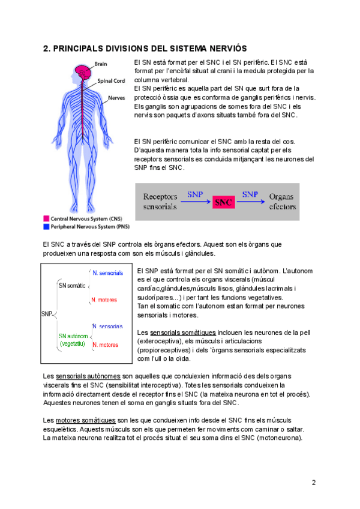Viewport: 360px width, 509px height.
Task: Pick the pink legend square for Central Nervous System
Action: pyautogui.click(x=46, y=219)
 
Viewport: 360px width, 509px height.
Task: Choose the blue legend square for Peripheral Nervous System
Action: pyautogui.click(x=46, y=227)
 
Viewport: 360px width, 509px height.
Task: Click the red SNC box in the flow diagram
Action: pyautogui.click(x=223, y=202)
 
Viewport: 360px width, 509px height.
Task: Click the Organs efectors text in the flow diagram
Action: pyautogui.click(x=282, y=202)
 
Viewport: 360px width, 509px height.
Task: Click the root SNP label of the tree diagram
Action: pyautogui.click(x=46, y=313)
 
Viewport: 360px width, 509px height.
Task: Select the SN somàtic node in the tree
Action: pyautogui.click(x=71, y=285)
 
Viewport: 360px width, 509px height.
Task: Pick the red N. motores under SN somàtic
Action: pyautogui.click(x=104, y=300)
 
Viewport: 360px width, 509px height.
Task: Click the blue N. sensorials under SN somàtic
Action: pyautogui.click(x=107, y=273)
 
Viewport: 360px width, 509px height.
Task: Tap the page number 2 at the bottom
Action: pyautogui.click(x=313, y=483)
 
